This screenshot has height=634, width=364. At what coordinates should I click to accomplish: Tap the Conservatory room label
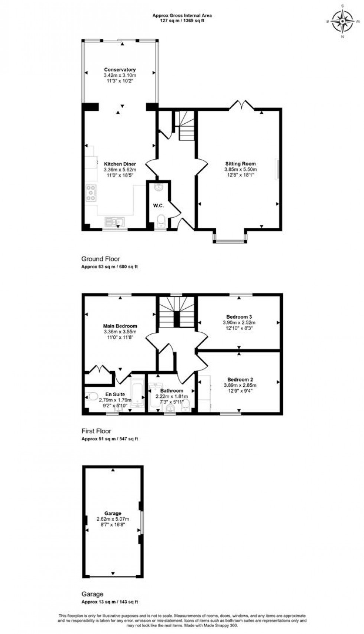click(x=120, y=69)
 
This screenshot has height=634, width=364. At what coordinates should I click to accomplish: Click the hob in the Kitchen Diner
click(x=91, y=193)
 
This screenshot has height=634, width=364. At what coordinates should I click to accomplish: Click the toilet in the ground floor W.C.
click(x=161, y=221)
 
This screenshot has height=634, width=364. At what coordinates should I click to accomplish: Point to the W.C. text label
click(x=159, y=205)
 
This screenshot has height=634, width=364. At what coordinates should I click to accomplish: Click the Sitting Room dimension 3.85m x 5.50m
click(x=240, y=169)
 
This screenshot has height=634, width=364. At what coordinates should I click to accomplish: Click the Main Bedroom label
click(x=120, y=326)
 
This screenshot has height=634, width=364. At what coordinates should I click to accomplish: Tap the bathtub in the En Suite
click(x=137, y=393)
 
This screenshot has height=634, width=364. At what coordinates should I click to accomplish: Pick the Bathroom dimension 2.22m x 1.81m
click(x=172, y=396)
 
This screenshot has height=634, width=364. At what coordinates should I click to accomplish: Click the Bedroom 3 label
click(x=239, y=317)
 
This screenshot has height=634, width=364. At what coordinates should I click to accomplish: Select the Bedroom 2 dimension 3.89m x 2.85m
click(x=240, y=385)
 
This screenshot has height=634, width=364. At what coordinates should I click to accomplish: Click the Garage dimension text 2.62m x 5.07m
click(x=113, y=519)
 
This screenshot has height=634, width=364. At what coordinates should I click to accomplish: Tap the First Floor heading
click(x=96, y=431)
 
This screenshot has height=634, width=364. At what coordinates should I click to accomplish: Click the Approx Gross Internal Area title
click(x=182, y=16)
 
